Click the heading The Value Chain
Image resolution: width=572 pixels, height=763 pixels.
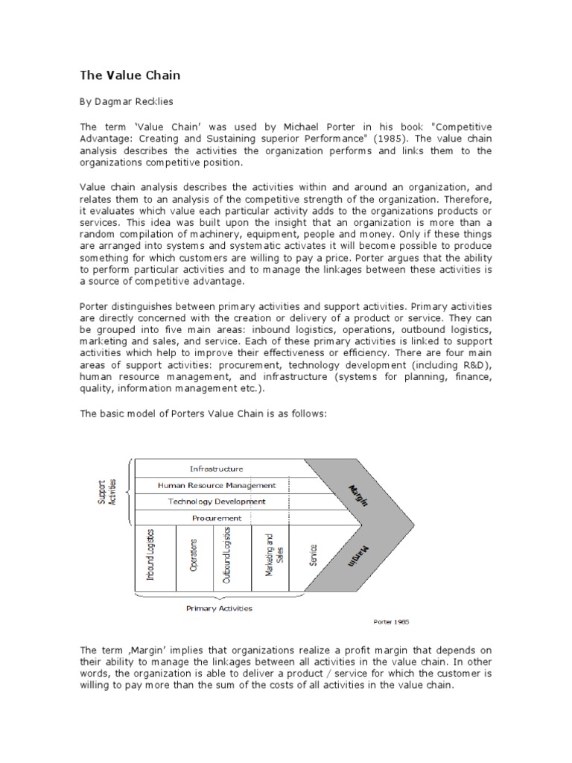click(130, 75)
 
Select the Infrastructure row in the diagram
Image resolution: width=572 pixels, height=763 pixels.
click(216, 469)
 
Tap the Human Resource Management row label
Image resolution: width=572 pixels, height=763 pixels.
click(216, 485)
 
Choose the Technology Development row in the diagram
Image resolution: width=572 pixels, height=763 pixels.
click(216, 501)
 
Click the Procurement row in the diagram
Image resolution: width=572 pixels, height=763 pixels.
click(216, 518)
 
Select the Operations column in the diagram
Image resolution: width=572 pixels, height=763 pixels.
click(194, 555)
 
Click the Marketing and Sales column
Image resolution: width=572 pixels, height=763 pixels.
click(269, 555)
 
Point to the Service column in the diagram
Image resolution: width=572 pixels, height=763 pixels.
click(314, 555)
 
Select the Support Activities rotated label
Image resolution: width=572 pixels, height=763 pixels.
click(107, 493)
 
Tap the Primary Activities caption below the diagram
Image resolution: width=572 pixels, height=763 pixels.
click(219, 608)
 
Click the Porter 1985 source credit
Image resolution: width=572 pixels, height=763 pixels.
click(391, 620)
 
